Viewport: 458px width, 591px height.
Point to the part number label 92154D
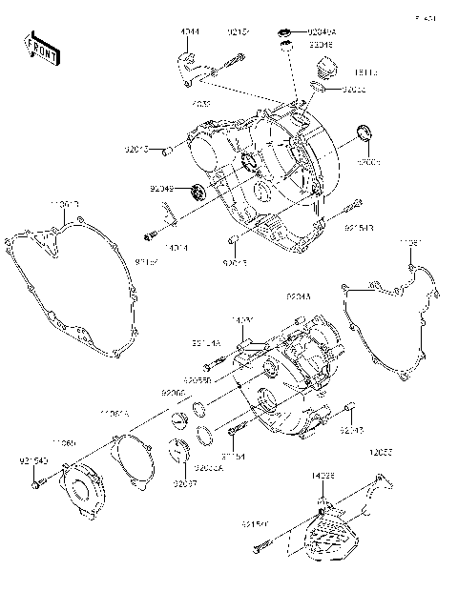pos(33,463)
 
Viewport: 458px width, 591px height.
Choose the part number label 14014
pos(176,247)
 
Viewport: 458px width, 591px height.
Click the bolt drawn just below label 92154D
pos(37,484)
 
